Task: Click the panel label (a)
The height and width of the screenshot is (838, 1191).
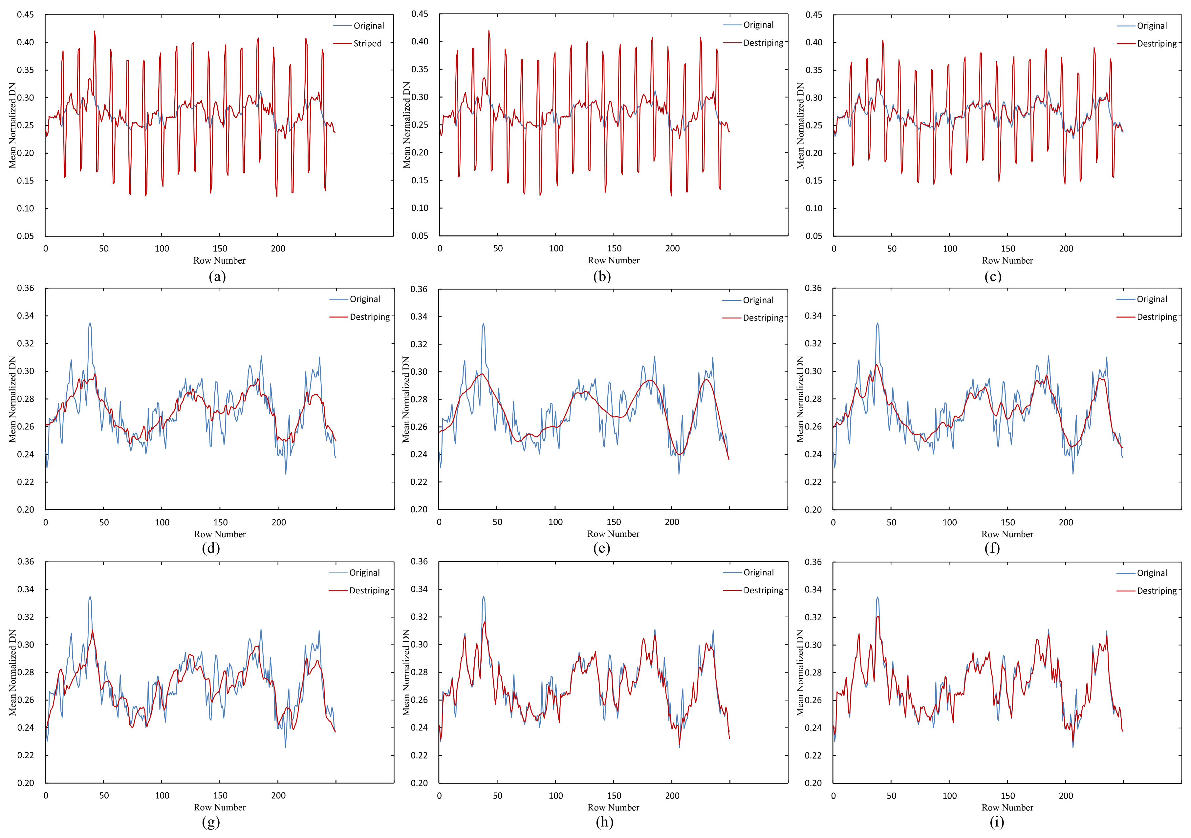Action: (x=217, y=276)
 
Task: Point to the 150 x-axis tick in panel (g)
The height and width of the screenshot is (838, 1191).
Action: (x=220, y=795)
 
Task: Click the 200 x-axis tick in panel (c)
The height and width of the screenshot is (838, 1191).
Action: (x=1066, y=249)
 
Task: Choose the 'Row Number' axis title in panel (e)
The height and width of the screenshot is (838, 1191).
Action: (x=613, y=534)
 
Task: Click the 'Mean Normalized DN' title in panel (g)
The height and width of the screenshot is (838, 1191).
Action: (x=12, y=673)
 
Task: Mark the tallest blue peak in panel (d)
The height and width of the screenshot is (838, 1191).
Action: (x=90, y=323)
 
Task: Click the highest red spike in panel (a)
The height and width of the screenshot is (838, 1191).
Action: (x=95, y=31)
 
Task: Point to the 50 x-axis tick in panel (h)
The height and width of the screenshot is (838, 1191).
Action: (x=497, y=795)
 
